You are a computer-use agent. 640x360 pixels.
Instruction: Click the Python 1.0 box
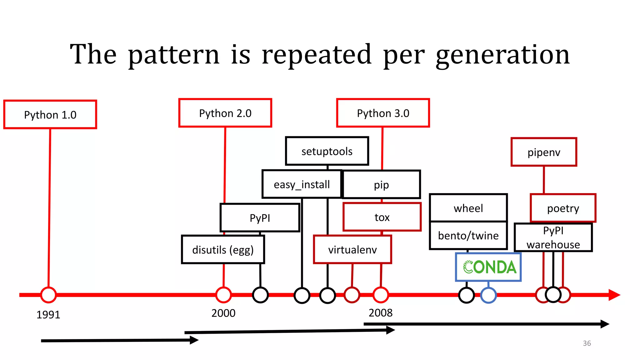click(x=50, y=115)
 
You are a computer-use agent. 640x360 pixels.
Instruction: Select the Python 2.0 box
click(x=225, y=113)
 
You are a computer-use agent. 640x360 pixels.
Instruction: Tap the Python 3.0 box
click(x=383, y=113)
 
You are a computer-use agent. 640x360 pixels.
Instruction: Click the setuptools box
click(x=327, y=151)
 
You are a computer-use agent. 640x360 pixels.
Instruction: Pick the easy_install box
click(x=302, y=184)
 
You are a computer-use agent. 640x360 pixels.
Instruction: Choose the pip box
click(x=382, y=185)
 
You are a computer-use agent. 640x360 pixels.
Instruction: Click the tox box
click(x=382, y=217)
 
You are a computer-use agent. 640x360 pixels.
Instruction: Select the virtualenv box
click(x=352, y=250)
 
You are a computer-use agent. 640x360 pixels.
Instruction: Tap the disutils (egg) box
click(x=223, y=250)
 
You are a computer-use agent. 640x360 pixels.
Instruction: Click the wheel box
click(x=468, y=208)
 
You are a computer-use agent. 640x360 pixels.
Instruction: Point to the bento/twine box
click(x=468, y=236)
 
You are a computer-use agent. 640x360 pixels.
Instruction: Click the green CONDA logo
click(x=489, y=267)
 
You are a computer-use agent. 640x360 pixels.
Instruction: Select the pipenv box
click(x=544, y=152)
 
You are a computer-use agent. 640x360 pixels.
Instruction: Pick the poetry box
click(x=563, y=208)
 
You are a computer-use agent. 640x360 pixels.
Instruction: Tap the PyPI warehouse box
click(x=553, y=237)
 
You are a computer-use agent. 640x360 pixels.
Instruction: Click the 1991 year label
click(x=48, y=315)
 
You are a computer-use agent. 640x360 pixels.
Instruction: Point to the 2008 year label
click(x=380, y=313)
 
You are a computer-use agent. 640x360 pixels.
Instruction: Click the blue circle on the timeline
click(x=488, y=295)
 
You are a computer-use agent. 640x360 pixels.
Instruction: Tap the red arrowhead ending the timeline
click(x=614, y=295)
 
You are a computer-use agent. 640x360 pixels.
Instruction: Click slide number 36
click(x=587, y=343)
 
